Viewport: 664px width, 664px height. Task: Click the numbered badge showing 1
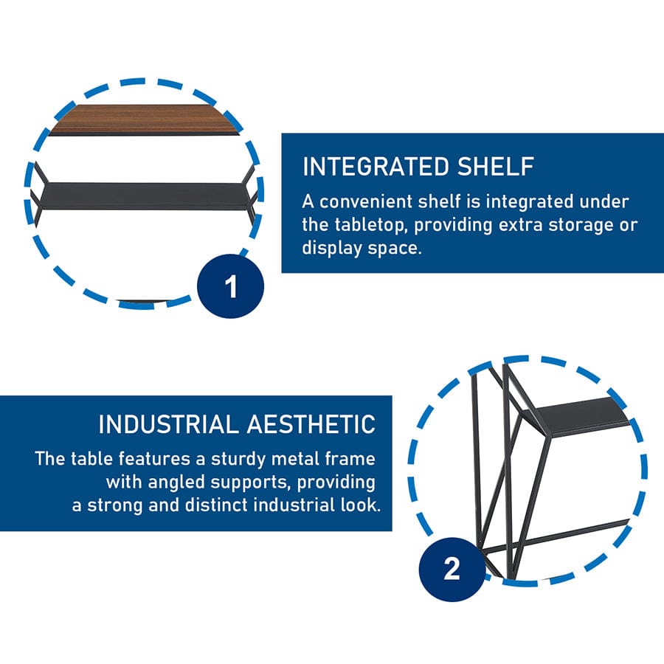click(x=230, y=286)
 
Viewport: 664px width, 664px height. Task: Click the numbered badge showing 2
click(x=452, y=569)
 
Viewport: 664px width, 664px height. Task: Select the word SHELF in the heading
click(x=496, y=167)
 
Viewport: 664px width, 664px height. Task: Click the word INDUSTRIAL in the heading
click(x=168, y=424)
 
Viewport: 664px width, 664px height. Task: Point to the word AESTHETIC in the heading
click(x=311, y=424)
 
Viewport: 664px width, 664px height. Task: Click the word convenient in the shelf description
click(x=366, y=201)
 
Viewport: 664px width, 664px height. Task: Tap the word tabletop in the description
click(x=371, y=225)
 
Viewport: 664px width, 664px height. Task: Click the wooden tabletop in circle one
click(x=144, y=119)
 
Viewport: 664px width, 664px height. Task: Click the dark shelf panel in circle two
click(x=579, y=415)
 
